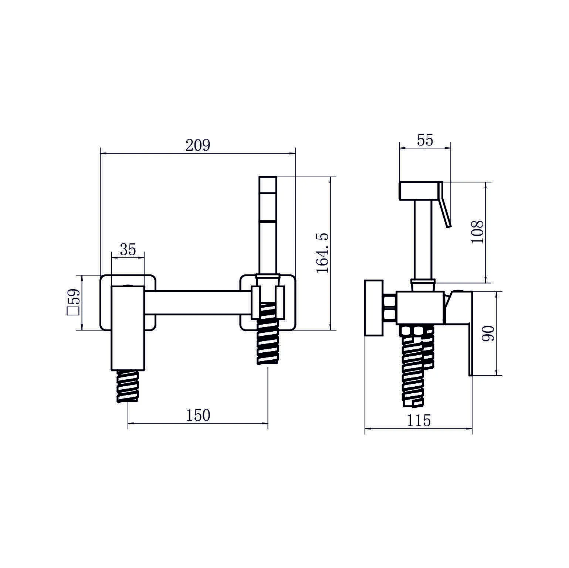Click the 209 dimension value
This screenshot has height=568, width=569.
[x=198, y=145]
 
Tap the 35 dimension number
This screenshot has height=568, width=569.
[x=128, y=250]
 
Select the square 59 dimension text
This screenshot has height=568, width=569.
[x=73, y=302]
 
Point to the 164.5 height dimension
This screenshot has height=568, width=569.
[x=322, y=253]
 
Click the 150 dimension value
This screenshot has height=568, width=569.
[x=198, y=415]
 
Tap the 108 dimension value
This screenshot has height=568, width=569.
[x=477, y=232]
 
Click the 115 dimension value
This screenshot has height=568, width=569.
[x=419, y=420]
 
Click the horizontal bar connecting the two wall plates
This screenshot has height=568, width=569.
[x=198, y=303]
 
